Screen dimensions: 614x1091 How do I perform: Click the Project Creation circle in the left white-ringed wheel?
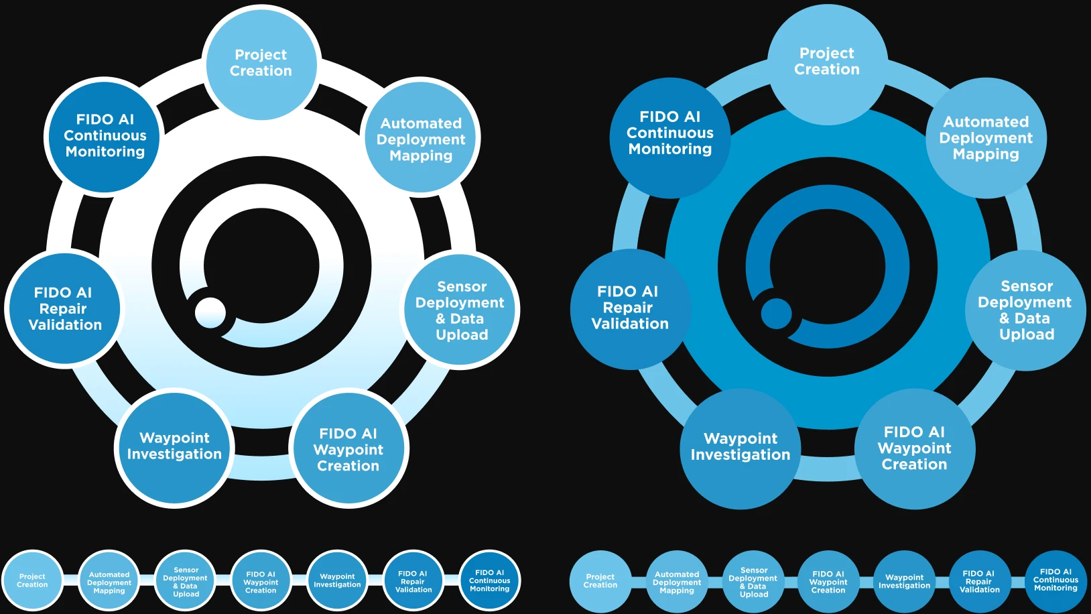pyautogui.click(x=261, y=63)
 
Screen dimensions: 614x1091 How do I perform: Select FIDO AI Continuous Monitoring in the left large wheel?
pyautogui.click(x=105, y=136)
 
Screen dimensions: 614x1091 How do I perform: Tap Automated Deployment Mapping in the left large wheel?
pyautogui.click(x=421, y=139)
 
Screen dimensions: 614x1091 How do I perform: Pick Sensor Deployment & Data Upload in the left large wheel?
pyautogui.click(x=461, y=310)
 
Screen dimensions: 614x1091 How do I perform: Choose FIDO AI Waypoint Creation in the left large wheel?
pyautogui.click(x=348, y=449)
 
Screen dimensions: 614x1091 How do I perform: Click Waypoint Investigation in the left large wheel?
pyautogui.click(x=174, y=447)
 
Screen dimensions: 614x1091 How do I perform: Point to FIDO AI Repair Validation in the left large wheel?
pyautogui.click(x=64, y=309)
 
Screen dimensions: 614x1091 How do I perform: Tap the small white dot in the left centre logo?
pyautogui.click(x=210, y=312)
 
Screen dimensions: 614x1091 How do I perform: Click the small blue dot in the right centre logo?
pyautogui.click(x=777, y=313)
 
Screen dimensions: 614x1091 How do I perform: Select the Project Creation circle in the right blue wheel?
pyautogui.click(x=827, y=62)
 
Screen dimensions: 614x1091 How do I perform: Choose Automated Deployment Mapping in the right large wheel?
pyautogui.click(x=986, y=137)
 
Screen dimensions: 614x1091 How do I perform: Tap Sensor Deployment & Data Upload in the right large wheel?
pyautogui.click(x=1025, y=310)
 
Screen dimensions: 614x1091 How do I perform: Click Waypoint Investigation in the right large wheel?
pyautogui.click(x=740, y=448)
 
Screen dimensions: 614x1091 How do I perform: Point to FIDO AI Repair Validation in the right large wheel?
pyautogui.click(x=629, y=308)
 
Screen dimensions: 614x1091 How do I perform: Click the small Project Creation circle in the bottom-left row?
pyautogui.click(x=32, y=580)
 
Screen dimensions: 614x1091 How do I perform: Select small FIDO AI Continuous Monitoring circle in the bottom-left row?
pyautogui.click(x=490, y=580)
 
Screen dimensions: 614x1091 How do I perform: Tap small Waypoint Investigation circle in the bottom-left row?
pyautogui.click(x=338, y=580)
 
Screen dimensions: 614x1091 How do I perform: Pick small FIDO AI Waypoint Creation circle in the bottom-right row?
pyautogui.click(x=829, y=581)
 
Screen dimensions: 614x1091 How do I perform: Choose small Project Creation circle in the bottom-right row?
pyautogui.click(x=600, y=581)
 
